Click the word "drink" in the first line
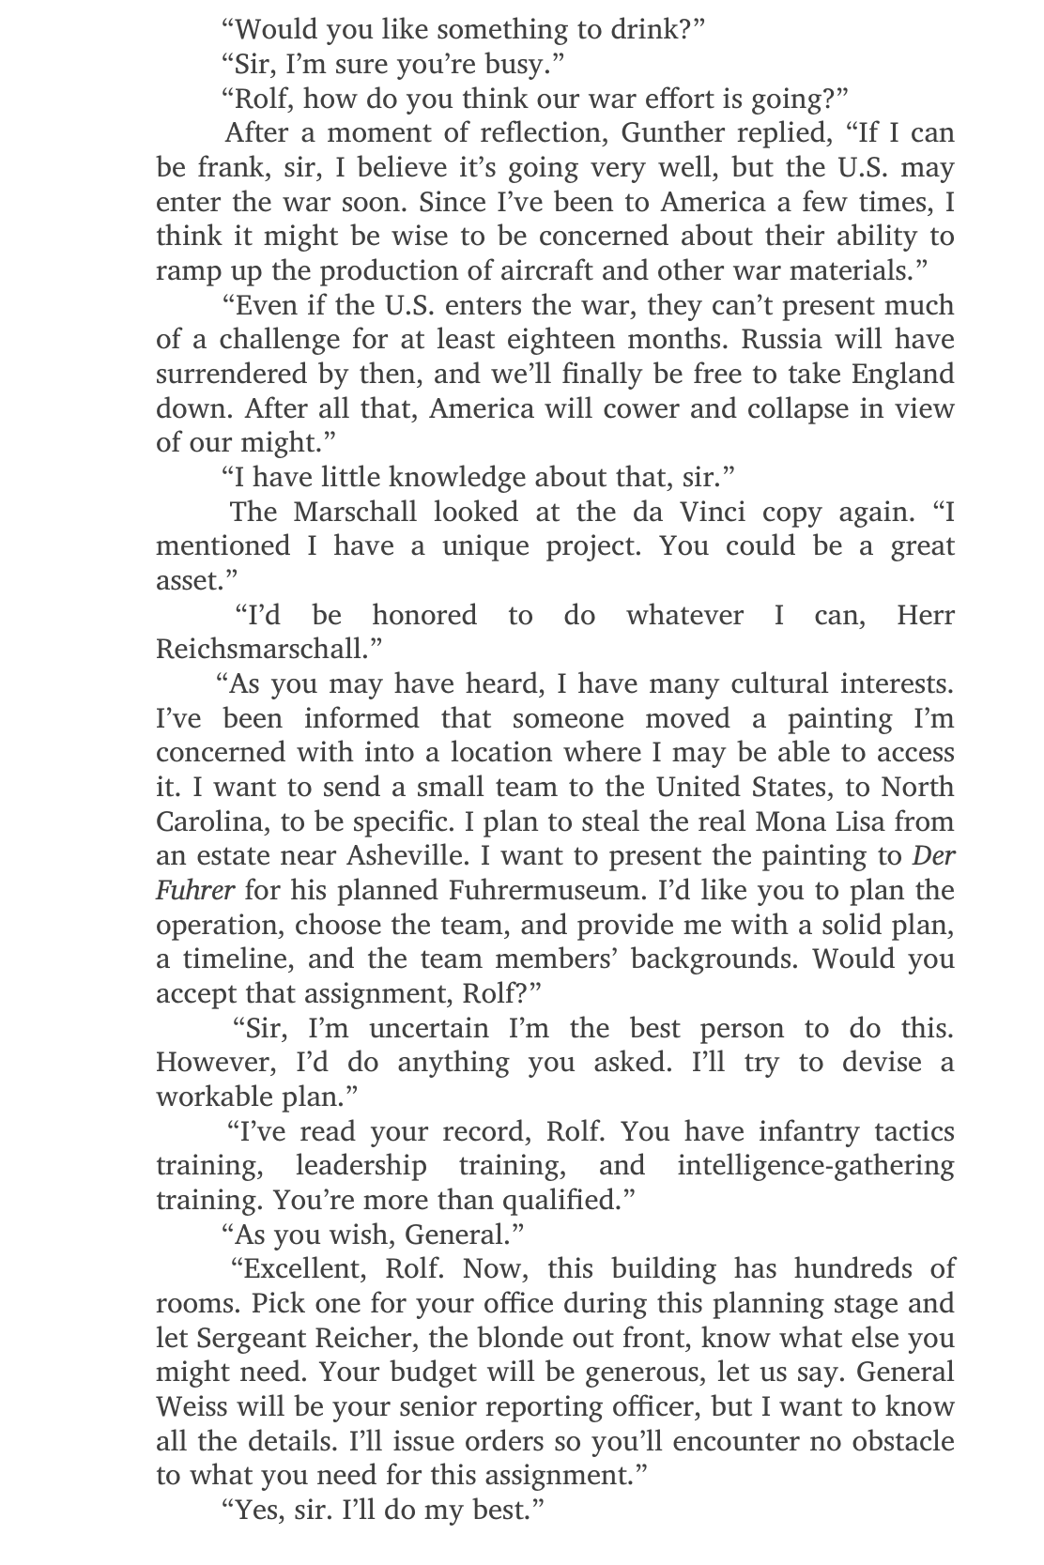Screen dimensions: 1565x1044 pyautogui.click(x=652, y=29)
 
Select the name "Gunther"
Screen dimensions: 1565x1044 pyautogui.click(x=668, y=132)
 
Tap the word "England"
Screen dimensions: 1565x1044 pyautogui.click(x=902, y=374)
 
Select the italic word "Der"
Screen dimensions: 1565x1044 pyautogui.click(x=933, y=856)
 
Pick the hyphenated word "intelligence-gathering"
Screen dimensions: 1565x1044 pyautogui.click(x=815, y=1166)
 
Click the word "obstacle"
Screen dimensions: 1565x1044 pyautogui.click(x=902, y=1441)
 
